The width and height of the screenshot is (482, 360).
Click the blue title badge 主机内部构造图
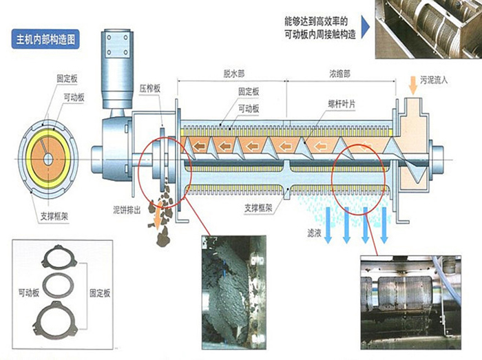[x=45, y=39]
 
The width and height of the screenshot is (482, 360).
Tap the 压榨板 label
[x=149, y=89]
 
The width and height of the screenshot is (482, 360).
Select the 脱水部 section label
[x=234, y=74]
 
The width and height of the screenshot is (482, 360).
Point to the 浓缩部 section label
[x=339, y=74]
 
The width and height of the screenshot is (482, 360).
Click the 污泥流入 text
[x=434, y=80]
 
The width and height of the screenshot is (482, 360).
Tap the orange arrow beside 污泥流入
[x=413, y=85]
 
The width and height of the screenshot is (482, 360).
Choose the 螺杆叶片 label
[x=342, y=104]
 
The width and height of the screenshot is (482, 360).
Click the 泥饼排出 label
[x=127, y=211]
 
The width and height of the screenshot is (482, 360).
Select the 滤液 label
[x=314, y=233]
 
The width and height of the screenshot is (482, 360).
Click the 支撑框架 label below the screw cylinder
[x=258, y=209]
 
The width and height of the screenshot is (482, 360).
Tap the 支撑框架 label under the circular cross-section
[x=54, y=216]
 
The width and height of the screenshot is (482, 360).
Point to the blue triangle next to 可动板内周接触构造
[x=365, y=28]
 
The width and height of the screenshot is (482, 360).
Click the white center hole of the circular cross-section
[x=48, y=159]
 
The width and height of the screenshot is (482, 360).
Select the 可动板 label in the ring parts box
[x=29, y=293]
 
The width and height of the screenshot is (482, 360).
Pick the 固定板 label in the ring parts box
[x=100, y=293]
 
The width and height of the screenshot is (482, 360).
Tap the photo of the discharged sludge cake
[x=233, y=292]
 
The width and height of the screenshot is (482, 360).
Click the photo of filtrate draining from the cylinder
[x=410, y=302]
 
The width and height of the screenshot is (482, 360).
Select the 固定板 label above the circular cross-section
[x=67, y=78]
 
